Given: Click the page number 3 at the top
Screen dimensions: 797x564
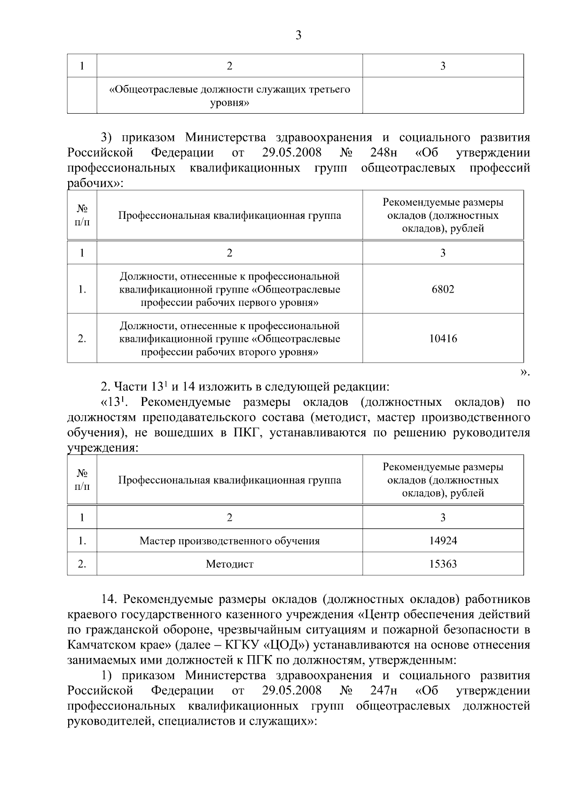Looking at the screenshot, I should tap(298, 35).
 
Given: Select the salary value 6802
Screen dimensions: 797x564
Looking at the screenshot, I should tap(443, 289).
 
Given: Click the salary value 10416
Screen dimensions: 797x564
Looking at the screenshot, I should tap(443, 339).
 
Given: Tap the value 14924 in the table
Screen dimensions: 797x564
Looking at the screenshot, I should tap(443, 541).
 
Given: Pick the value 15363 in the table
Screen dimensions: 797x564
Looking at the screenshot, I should tap(443, 564).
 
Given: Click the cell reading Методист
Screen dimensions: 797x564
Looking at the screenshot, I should tap(229, 564).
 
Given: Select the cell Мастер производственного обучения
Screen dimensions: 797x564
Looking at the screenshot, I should tap(229, 541).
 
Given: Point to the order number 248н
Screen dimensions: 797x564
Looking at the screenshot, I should tap(384, 153).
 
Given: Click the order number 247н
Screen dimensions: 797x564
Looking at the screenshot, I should tap(384, 690).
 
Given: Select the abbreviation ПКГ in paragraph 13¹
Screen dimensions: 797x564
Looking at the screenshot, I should tap(244, 433).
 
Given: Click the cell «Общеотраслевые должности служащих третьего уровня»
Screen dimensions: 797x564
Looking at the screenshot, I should tap(229, 95).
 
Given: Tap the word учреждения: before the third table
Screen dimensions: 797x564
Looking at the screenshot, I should tap(102, 448).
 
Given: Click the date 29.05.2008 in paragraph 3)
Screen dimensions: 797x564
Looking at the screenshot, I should tap(291, 153).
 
